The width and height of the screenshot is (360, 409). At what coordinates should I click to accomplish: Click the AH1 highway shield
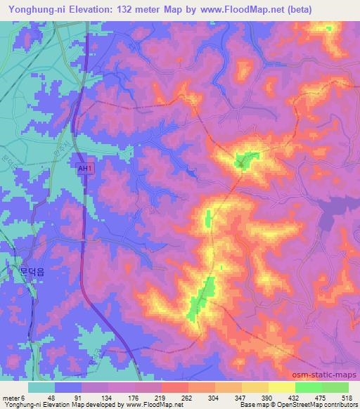point(84,169)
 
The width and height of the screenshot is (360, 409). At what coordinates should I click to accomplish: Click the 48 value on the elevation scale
point(51,396)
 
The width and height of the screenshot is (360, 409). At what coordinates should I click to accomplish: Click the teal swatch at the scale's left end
point(41,387)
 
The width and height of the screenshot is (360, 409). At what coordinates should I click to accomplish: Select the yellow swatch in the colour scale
point(281,387)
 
